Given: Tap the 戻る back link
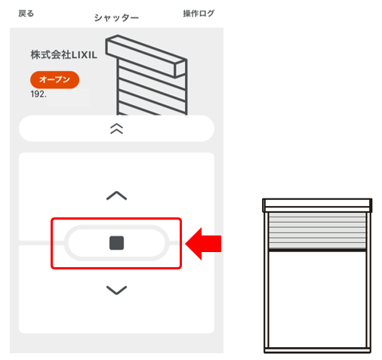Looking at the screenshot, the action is [26, 14].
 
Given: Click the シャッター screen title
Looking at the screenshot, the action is [116, 18].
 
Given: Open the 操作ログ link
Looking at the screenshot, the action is [199, 14].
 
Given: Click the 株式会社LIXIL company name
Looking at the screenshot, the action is [63, 54].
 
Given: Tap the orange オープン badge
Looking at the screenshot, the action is [54, 79].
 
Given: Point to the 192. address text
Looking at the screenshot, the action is [39, 94].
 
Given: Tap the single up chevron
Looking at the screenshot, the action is [116, 195].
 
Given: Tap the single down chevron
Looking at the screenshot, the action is [116, 290].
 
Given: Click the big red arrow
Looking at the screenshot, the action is [203, 244].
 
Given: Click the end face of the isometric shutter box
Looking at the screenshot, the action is [180, 69].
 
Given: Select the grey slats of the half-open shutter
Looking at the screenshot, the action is [317, 230].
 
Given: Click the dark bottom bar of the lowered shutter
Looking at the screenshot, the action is [317, 250].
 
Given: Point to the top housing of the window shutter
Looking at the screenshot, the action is [317, 205].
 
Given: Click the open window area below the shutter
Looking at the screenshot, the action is [317, 300].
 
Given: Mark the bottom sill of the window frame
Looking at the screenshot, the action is [317, 350].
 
